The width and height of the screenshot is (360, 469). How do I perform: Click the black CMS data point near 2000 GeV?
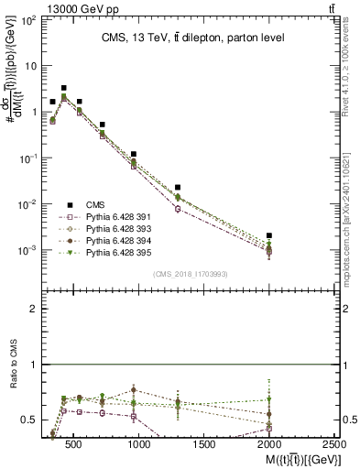tap(268, 235)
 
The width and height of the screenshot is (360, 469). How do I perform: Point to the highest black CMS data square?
tap(63, 88)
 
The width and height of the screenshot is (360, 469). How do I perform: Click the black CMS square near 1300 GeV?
tap(178, 187)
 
